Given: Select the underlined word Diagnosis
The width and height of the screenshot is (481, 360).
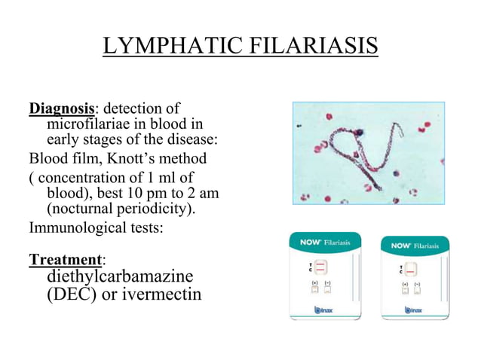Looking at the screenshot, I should point(62,109).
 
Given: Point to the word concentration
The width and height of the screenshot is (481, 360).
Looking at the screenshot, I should point(79,178).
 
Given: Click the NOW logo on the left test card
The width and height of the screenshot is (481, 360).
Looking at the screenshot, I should point(311,243).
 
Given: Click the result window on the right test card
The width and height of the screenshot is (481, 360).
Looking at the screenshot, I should point(412,269).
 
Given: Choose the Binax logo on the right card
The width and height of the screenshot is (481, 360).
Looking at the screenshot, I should point(412,309).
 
